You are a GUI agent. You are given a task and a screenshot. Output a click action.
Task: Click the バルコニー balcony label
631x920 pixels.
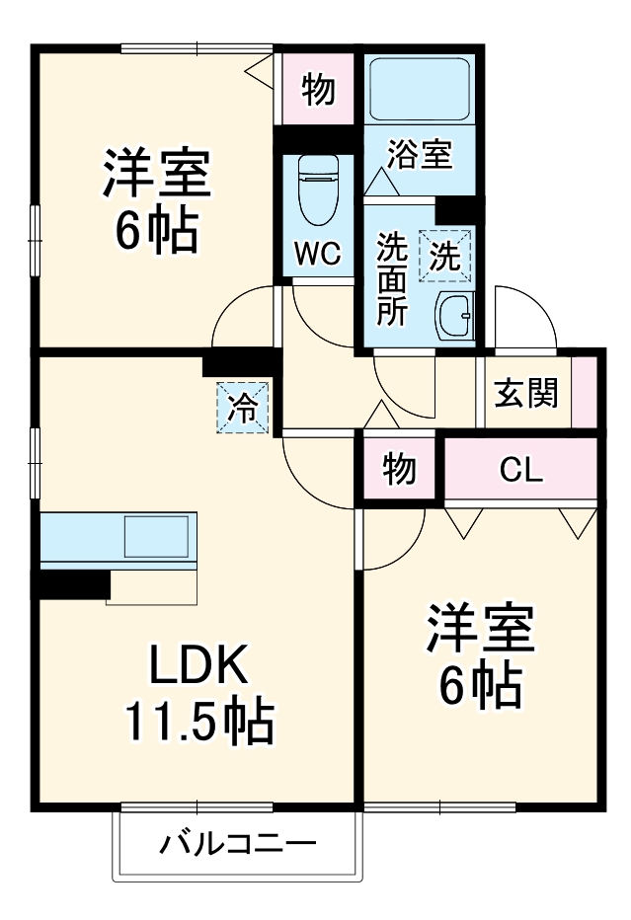point(238,845)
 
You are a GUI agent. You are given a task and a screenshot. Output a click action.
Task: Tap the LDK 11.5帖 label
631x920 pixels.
point(197,695)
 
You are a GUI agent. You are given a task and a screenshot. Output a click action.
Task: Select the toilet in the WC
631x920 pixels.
point(318,192)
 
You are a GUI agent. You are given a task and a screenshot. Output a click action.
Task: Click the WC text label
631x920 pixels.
point(318,254)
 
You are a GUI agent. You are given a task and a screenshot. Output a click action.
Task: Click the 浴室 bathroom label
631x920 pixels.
point(419,155)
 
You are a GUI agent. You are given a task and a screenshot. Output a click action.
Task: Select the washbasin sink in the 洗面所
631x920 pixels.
point(455,316)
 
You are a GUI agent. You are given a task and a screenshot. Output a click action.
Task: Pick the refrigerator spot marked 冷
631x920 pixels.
point(243,406)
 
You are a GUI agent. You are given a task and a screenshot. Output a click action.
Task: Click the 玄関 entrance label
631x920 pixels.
point(526,392)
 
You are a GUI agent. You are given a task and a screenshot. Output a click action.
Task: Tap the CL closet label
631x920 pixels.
point(520,471)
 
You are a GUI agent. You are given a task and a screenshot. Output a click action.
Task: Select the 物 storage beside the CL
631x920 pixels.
point(399,471)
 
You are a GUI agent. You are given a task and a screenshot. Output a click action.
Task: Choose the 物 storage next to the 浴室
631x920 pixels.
point(317,90)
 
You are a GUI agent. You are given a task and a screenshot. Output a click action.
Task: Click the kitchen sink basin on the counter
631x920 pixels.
point(156,539)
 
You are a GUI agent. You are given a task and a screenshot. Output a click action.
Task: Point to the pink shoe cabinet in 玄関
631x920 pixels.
point(585,392)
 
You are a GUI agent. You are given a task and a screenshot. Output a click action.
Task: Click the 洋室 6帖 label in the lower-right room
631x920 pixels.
point(481,656)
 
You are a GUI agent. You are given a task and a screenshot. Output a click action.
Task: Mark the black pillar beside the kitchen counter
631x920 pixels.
point(74,583)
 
